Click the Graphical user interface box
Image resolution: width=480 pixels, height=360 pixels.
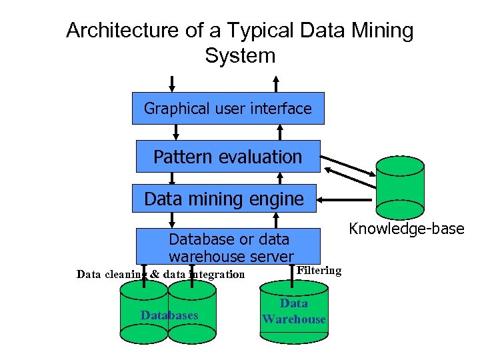click(228, 108)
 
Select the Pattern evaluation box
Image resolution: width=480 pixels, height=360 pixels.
click(228, 157)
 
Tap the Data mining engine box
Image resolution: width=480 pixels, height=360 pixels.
click(224, 199)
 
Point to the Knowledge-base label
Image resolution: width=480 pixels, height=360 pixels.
click(407, 229)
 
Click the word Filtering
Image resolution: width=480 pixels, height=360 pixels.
click(319, 270)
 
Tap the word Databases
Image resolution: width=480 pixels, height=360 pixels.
click(169, 315)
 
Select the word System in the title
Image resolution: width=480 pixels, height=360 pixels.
click(240, 55)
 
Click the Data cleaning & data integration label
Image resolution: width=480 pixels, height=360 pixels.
click(161, 274)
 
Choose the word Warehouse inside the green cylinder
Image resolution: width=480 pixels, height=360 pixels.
click(294, 319)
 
